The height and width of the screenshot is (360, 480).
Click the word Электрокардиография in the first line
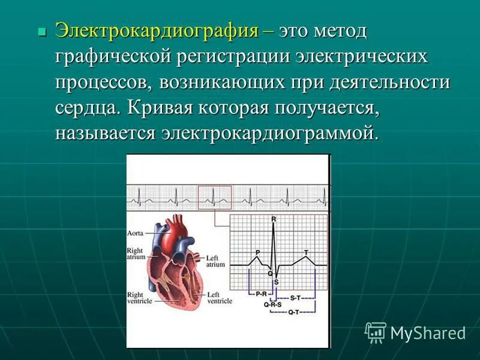tap(157, 31)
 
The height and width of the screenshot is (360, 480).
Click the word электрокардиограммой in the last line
tap(269, 133)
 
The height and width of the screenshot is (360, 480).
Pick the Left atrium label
tap(215, 260)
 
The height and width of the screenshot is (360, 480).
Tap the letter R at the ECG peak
tap(274, 220)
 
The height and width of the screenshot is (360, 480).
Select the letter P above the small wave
tap(257, 252)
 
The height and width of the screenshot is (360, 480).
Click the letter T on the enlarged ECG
tap(306, 252)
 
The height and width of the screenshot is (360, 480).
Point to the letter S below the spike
tap(276, 281)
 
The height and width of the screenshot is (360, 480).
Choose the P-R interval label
tap(260, 294)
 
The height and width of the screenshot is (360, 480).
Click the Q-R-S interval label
tap(273, 304)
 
